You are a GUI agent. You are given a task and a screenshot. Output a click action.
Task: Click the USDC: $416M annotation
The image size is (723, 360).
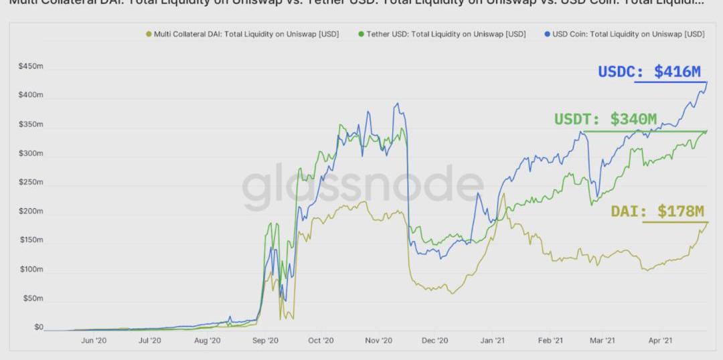pyautogui.click(x=649, y=72)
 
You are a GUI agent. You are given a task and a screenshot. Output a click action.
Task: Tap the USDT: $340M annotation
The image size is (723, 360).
pyautogui.click(x=605, y=119)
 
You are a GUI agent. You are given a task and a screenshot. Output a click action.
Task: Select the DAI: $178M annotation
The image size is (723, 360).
pyautogui.click(x=657, y=211)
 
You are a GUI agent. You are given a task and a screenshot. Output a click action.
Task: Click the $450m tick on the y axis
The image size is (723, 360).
pyautogui.click(x=31, y=67)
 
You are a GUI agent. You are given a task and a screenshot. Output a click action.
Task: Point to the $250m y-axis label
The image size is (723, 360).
pyautogui.click(x=31, y=183)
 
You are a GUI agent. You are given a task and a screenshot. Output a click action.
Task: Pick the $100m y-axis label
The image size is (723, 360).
pyautogui.click(x=31, y=270)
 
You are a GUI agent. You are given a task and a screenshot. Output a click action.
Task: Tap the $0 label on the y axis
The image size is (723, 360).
pyautogui.click(x=38, y=327)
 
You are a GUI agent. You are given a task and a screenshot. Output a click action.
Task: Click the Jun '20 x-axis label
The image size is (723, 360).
pyautogui.click(x=93, y=341)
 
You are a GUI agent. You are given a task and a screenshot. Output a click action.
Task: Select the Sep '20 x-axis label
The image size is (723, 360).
pyautogui.click(x=265, y=341)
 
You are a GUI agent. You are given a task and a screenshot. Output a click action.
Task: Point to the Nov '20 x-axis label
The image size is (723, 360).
pyautogui.click(x=379, y=341)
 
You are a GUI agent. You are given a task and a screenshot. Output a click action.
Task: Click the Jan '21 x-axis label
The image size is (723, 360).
pyautogui.click(x=492, y=341)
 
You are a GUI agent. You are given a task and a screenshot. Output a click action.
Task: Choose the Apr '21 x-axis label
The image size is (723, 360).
pyautogui.click(x=660, y=341)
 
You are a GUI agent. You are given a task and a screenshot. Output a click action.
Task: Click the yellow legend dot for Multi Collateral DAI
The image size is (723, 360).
pyautogui.click(x=149, y=34)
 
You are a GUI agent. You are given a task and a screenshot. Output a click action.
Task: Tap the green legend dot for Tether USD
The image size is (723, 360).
pyautogui.click(x=361, y=34)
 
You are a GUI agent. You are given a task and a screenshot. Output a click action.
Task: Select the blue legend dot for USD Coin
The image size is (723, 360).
pyautogui.click(x=547, y=34)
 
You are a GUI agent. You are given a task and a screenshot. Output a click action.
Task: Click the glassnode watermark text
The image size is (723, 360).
pyautogui.click(x=362, y=184)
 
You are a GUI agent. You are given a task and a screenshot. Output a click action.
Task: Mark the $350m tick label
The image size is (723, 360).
pyautogui.click(x=31, y=124)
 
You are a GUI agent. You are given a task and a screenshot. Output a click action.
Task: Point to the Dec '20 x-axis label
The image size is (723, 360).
pyautogui.click(x=435, y=341)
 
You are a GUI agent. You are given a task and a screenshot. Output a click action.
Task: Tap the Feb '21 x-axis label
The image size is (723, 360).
pyautogui.click(x=550, y=341)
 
